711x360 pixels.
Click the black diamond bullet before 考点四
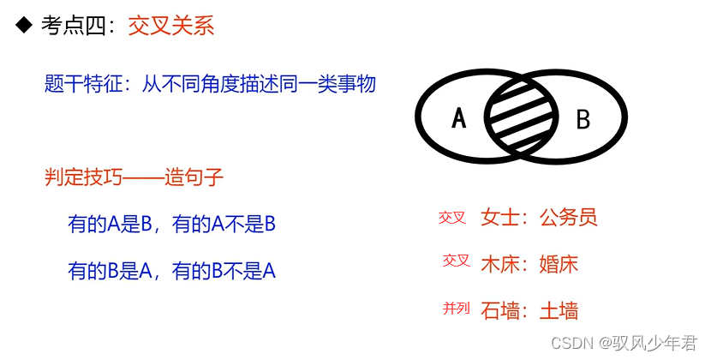pos(24,26)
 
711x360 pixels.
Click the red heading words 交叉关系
pos(171,26)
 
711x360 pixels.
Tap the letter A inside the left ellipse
pos(459,118)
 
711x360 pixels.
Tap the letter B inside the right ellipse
pos(583,119)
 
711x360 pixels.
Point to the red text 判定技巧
pos(83,178)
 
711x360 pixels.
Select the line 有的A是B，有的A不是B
pos(171,225)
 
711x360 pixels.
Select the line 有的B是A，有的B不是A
pos(171,272)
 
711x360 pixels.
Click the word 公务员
pos(568,217)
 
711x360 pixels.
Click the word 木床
pos(500,263)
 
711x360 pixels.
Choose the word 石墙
pos(500,310)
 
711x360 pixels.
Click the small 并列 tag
pos(456,309)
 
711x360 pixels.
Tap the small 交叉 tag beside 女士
pos(451,218)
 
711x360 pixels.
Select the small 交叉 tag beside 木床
pos(456,261)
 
